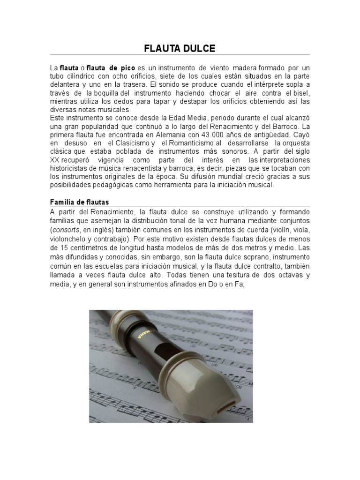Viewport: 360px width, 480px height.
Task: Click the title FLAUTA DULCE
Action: point(180,48)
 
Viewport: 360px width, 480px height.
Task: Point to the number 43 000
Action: point(212,135)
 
